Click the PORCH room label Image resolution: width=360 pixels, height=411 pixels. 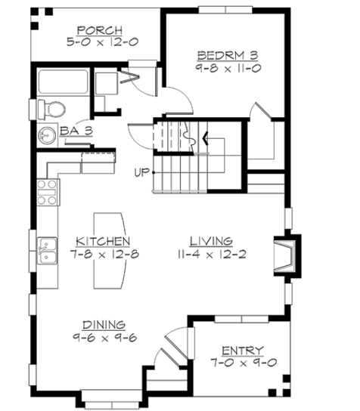tap(100, 30)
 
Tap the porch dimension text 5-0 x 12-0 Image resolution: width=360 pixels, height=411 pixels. tap(100, 43)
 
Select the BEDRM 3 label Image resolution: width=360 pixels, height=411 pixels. tap(227, 55)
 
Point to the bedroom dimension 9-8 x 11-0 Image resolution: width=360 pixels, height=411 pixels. tap(227, 68)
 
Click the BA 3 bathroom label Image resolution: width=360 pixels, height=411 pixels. tap(76, 130)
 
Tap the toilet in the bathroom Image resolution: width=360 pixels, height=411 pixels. tap(54, 108)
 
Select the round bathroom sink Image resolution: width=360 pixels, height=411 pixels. tap(47, 137)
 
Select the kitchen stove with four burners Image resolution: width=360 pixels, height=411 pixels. tap(47, 193)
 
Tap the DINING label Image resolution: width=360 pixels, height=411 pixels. tap(104, 324)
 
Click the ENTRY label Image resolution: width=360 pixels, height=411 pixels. tap(242, 351)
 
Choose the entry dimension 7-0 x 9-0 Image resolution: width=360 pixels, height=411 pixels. tap(242, 363)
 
